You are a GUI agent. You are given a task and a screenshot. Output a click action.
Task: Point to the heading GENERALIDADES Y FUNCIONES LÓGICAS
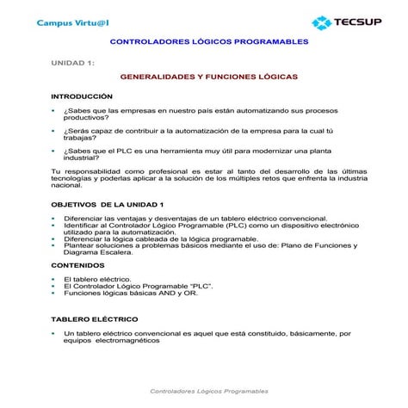(209, 77)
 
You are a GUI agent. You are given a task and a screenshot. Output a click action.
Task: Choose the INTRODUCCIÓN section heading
(82, 96)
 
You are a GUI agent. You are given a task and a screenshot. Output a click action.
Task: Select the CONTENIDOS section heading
(78, 265)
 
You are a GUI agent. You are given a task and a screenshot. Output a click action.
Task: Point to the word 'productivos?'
(85, 117)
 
